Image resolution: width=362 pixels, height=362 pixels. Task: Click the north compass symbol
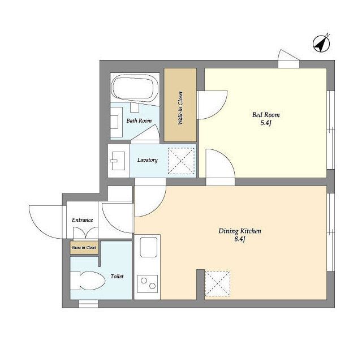(x=321, y=43)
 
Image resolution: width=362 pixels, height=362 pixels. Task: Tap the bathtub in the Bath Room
(x=135, y=88)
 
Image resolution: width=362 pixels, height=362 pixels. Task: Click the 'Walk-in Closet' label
(x=180, y=108)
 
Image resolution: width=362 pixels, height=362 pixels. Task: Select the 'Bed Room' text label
(x=266, y=115)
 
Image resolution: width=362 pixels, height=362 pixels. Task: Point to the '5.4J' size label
(x=266, y=123)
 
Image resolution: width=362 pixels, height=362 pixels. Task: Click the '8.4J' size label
(x=240, y=239)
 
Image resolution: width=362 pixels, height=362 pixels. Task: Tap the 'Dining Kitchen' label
(x=240, y=231)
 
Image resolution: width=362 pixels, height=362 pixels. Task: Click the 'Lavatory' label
(x=147, y=160)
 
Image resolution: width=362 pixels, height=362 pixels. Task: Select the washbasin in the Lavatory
(x=118, y=161)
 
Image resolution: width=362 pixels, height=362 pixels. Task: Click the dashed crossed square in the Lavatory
(x=181, y=161)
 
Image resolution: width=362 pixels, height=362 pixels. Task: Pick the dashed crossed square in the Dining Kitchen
(x=217, y=283)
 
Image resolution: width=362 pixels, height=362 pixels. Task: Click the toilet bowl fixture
(x=88, y=281)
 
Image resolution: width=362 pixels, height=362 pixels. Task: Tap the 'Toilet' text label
(x=117, y=277)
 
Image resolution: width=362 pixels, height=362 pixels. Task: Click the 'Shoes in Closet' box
(x=84, y=248)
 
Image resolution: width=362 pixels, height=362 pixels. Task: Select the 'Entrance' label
(x=83, y=220)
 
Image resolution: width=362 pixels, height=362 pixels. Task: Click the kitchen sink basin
(x=148, y=247)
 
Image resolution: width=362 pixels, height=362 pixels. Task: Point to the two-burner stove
(x=148, y=284)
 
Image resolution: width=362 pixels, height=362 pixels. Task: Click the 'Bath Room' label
(x=139, y=120)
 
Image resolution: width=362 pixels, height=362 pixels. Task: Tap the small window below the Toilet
(x=88, y=304)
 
